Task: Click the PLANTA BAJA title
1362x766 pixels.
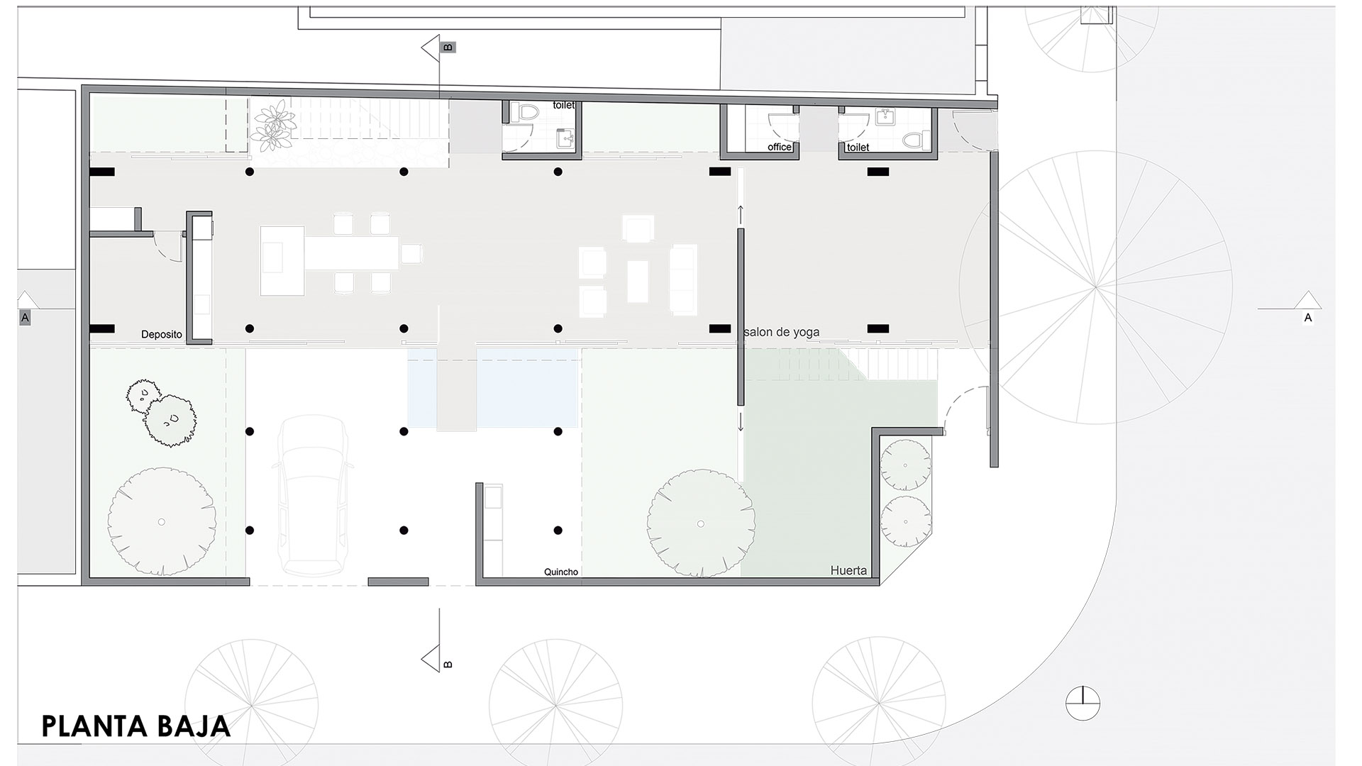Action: tap(136, 726)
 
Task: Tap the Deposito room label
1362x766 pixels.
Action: tap(162, 334)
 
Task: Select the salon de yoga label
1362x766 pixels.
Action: tap(782, 332)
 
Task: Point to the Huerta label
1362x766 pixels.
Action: tap(848, 570)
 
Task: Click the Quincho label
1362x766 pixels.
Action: tap(561, 572)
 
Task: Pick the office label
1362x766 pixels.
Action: tap(779, 147)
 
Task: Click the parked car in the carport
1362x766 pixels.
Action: tap(314, 494)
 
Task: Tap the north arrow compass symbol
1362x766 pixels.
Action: tap(1083, 704)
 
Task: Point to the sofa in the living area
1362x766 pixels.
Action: tap(684, 279)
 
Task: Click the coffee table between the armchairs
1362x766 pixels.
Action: tap(638, 282)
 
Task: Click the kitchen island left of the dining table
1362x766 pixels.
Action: tap(282, 260)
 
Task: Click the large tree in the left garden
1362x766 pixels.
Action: tap(162, 521)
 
